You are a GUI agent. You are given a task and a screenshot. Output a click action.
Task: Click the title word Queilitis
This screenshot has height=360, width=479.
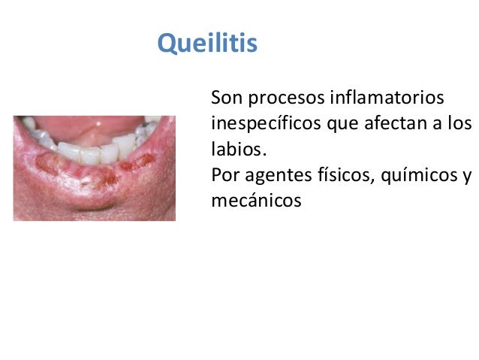click(207, 44)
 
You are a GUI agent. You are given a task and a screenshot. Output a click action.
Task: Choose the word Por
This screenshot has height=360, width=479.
click(224, 176)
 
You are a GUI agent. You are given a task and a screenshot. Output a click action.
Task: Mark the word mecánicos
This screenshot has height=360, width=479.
click(256, 201)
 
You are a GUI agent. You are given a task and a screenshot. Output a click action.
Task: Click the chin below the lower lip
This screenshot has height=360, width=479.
click(94, 203)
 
